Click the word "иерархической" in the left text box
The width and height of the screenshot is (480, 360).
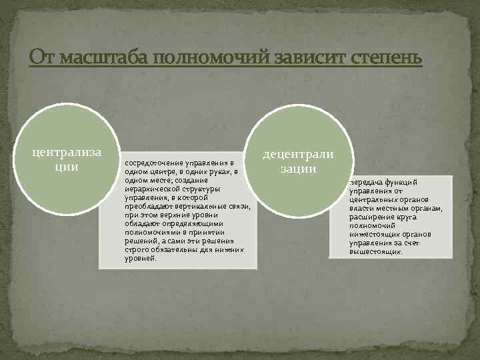[x=151, y=189]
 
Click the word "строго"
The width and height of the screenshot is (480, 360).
[x=137, y=249]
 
